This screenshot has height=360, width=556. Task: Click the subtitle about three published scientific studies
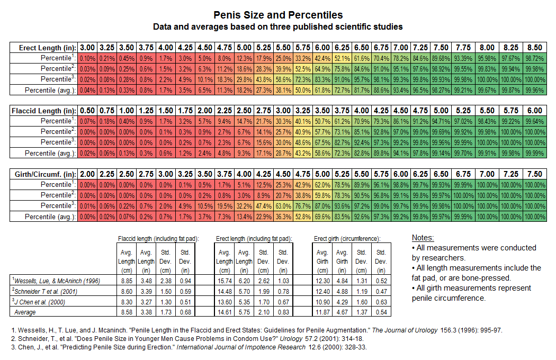coord(278,26)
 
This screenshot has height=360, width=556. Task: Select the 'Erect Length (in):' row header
coord(44,47)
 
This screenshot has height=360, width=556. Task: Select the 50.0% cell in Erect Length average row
coord(302,90)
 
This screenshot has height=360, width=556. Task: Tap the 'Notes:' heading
coord(423,238)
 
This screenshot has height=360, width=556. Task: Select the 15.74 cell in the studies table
coord(225,281)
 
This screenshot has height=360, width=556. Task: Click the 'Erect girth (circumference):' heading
coord(347,239)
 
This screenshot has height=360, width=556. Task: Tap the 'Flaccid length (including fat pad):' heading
coord(158,239)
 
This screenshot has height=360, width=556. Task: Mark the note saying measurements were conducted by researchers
coord(474,253)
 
